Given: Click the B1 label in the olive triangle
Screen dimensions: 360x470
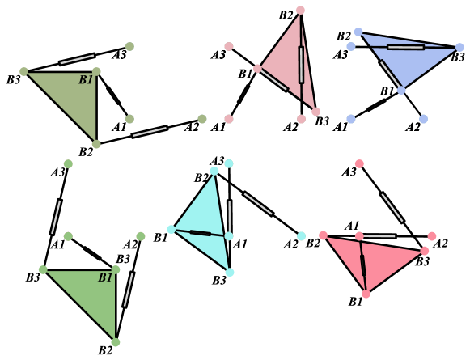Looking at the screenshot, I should pos(86,80).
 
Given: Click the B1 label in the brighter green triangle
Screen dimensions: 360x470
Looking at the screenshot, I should pos(105,278).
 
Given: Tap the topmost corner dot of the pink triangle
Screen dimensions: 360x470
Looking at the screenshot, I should pos(300,11).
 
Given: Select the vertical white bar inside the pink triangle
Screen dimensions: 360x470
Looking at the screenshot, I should pos(301,65).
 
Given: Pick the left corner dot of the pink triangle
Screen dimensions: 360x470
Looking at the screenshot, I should pos(257,69).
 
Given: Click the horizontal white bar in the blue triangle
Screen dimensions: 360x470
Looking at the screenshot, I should pos(405,47).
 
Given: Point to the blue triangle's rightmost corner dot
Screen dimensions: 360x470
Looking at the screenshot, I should pos(459,47).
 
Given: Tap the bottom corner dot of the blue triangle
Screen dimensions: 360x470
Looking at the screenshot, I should pos(401,90).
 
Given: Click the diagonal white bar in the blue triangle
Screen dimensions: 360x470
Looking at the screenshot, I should pos(390,74).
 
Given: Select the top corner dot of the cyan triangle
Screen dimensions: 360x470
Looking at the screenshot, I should pos(214,171).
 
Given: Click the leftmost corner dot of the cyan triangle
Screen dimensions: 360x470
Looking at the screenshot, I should pos(171,229).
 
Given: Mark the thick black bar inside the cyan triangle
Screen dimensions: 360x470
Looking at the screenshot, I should pos(201,233).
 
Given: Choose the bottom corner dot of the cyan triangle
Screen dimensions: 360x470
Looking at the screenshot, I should pos(230,272).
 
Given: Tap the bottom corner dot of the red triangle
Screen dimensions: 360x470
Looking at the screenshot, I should pos(366,294).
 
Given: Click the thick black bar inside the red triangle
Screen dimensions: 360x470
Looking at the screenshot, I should pos(363,265).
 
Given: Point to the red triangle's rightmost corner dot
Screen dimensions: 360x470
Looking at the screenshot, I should pos(425,251).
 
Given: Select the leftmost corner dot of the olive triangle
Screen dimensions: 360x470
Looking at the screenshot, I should pos(23,71).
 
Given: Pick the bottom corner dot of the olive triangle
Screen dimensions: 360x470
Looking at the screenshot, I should pos(96,144).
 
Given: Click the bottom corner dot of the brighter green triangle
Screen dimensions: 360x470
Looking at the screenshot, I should pos(116,342).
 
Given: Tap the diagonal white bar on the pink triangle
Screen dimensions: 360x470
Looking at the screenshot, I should pos(274,78).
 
